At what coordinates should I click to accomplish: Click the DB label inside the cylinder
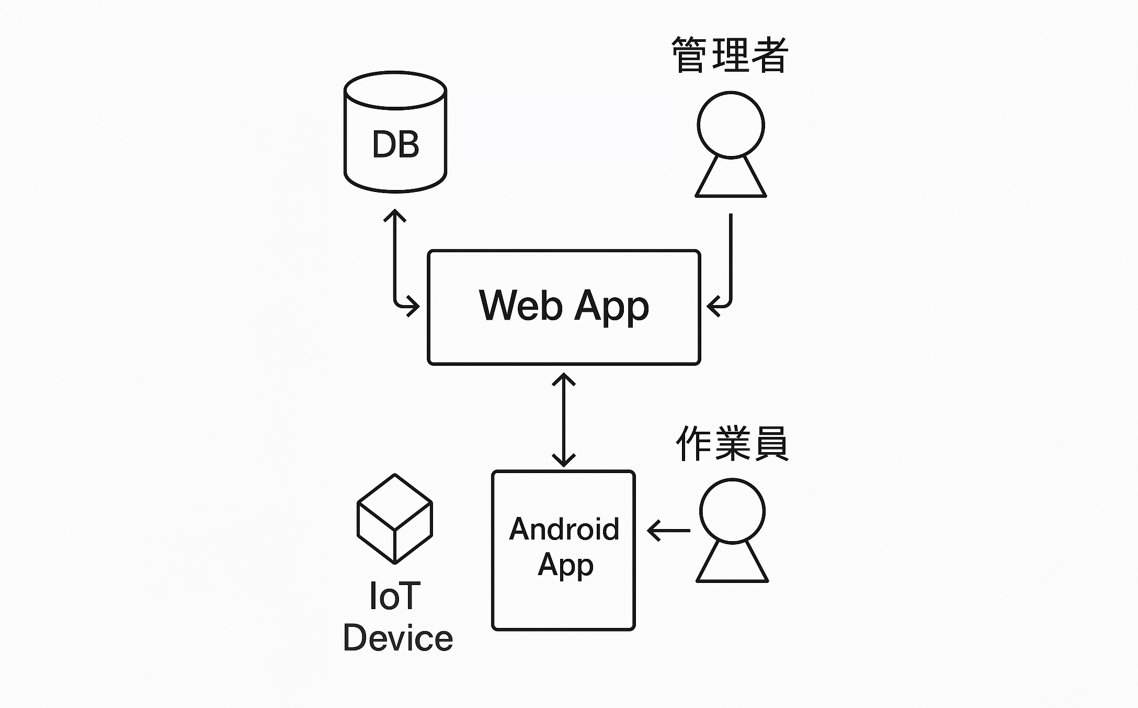(395, 144)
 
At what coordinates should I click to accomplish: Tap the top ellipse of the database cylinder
(395, 90)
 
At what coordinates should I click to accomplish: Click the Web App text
(564, 306)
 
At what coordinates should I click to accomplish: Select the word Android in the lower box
(564, 529)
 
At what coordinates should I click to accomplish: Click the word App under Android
(565, 565)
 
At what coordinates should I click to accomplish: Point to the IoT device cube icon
(395, 519)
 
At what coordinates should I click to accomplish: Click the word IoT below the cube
(394, 596)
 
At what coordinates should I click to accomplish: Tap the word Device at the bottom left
(397, 638)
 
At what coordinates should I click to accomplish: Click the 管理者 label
(730, 55)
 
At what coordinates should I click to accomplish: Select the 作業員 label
(732, 444)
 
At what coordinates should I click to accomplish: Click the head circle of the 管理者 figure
(731, 125)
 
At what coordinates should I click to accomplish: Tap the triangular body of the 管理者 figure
(731, 181)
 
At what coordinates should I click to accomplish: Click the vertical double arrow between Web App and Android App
(564, 419)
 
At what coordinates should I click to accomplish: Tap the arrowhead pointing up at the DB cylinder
(395, 215)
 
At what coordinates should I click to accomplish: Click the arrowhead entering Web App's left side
(414, 306)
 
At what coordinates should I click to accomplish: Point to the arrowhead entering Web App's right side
(712, 306)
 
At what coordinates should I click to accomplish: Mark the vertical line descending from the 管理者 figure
(731, 251)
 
